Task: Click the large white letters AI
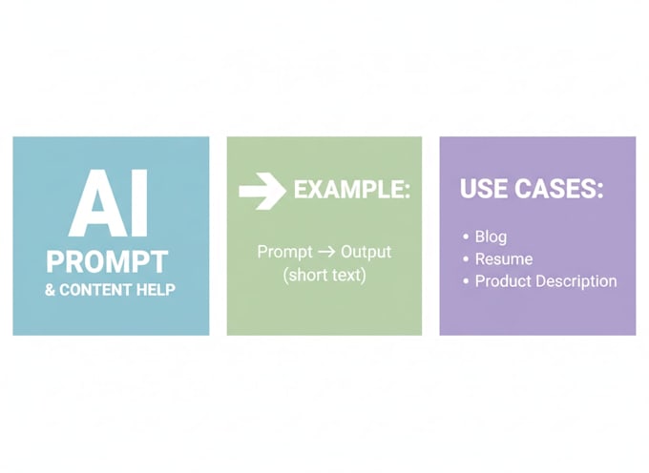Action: pos(109,202)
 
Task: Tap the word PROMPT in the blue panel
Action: pos(107,261)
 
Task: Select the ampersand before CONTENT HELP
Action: pos(50,290)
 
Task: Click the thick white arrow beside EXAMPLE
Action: pos(262,191)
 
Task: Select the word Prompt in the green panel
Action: pos(284,252)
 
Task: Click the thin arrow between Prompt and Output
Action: pos(326,252)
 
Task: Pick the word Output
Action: pos(366,252)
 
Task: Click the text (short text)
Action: pos(324,275)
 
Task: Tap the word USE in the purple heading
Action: pos(484,189)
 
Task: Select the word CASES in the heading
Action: pos(559,189)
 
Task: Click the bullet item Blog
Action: pos(491,236)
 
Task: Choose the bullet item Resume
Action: pos(504,259)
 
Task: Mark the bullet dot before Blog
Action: pos(466,236)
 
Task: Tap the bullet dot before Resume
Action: pos(466,259)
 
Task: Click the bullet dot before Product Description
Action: pos(466,281)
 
